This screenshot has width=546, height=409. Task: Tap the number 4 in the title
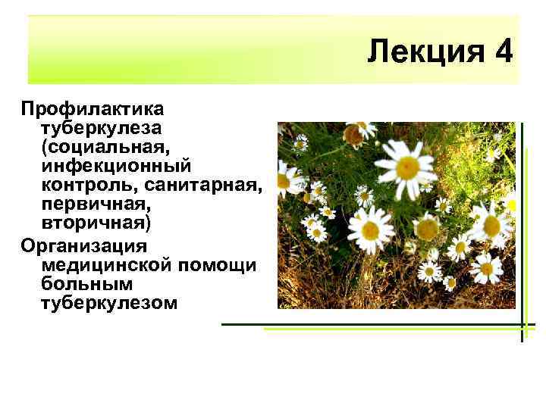pos(504,53)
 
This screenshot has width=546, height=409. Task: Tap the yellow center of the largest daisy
pos(408,166)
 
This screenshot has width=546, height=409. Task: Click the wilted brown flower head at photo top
pos(353,135)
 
